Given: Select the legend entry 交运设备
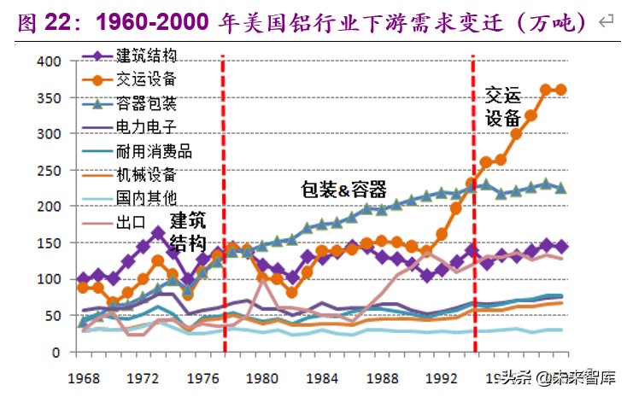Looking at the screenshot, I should (146, 79).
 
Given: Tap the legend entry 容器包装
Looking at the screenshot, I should (146, 103).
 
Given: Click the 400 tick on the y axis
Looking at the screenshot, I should (50, 61).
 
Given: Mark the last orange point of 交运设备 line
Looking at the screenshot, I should (561, 90).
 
